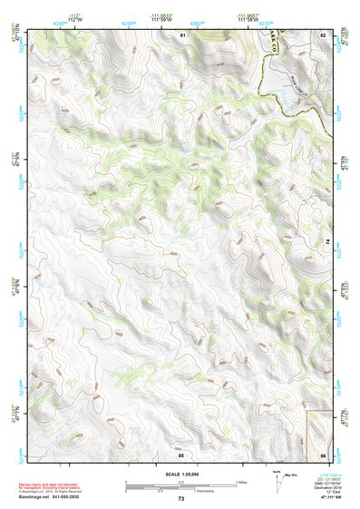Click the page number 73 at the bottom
coord(180,499)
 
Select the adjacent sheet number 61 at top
coord(181,34)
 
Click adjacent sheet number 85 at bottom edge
coord(181,454)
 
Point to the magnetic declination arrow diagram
coord(277,479)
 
